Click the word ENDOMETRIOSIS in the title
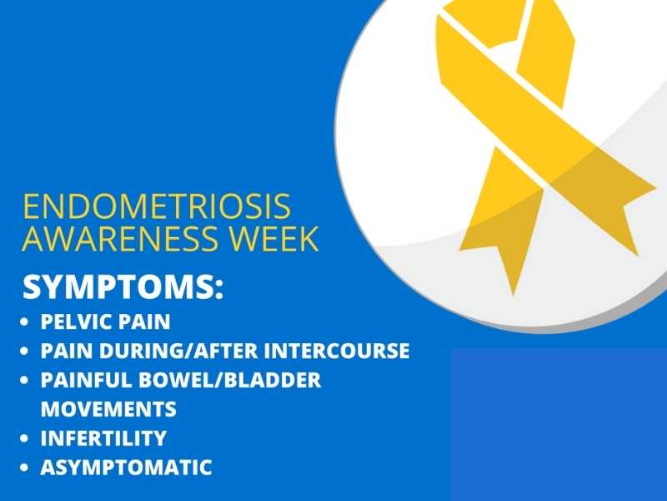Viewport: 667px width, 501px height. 157,206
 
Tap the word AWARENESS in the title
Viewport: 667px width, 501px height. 119,238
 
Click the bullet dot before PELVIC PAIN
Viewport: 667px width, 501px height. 24,321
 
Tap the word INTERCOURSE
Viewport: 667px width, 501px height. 337,351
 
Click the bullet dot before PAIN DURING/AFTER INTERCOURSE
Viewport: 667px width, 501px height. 24,351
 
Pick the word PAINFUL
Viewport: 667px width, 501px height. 87,380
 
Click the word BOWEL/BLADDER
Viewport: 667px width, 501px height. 230,380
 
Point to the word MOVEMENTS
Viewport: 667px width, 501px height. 108,409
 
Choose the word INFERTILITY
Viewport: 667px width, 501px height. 103,438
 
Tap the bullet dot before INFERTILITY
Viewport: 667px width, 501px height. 24,438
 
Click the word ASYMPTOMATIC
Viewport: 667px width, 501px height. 127,468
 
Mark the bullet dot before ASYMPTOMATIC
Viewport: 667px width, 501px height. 24,468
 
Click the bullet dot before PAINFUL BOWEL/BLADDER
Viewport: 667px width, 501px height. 24,380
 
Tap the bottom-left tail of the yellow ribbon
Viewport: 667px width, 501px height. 502,239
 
